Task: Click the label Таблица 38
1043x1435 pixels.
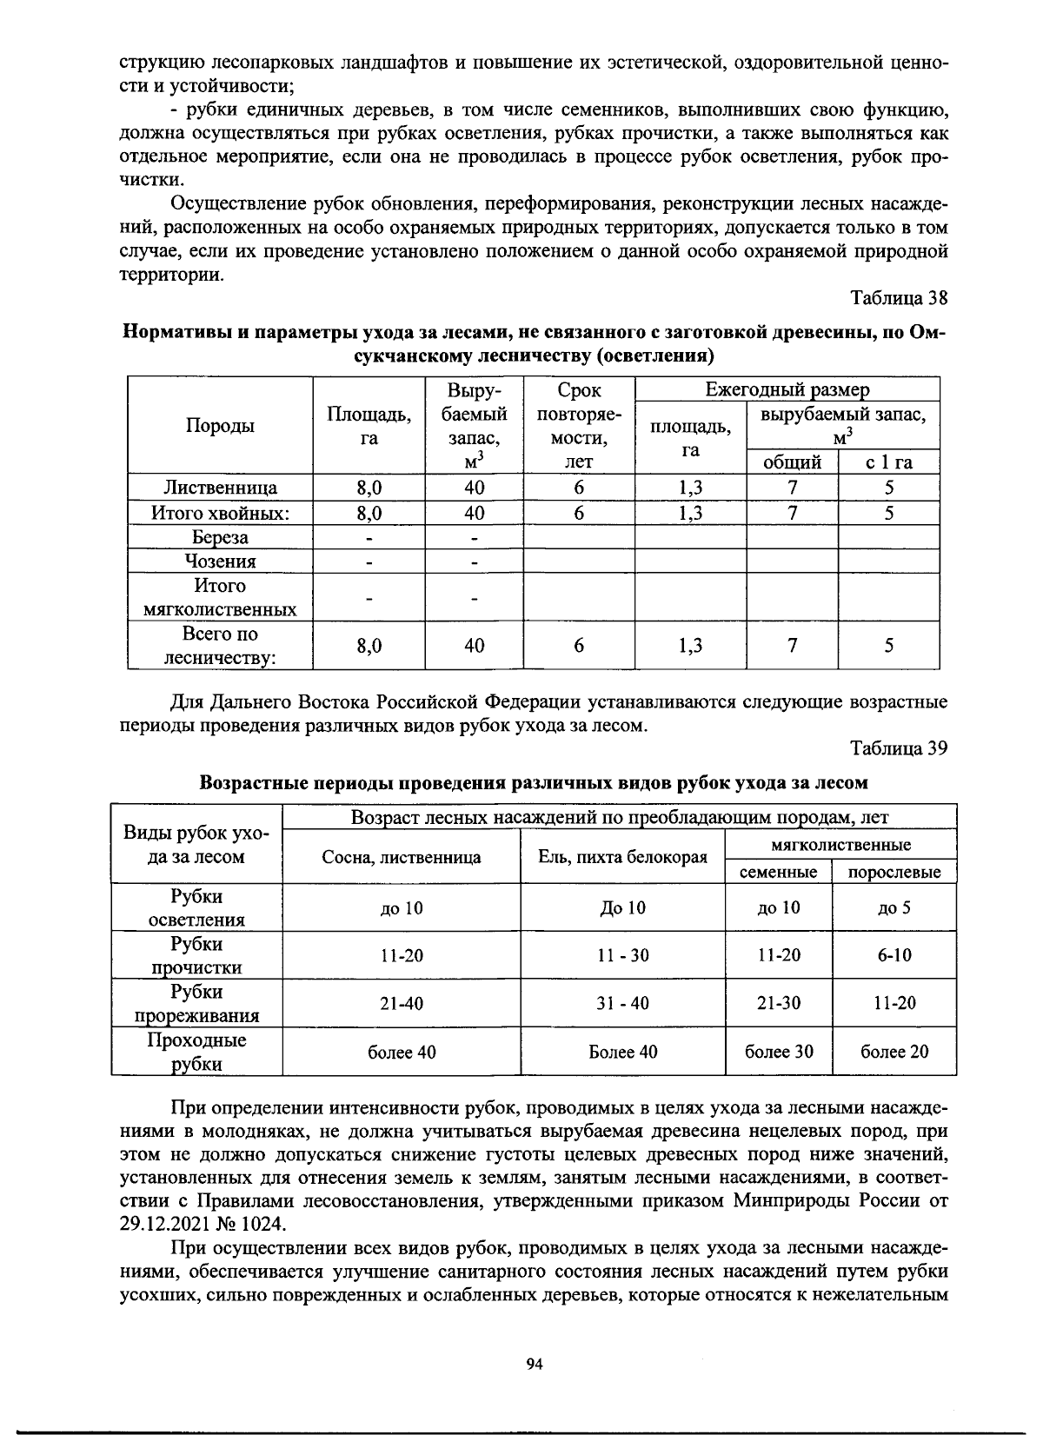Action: (898, 298)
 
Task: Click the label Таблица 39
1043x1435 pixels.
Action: (898, 748)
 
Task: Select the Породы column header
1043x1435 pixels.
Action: (220, 425)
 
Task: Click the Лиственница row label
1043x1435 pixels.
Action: (221, 488)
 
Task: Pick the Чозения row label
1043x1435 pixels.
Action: (220, 561)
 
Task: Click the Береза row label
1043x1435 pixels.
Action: (220, 537)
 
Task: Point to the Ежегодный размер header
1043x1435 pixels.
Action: (787, 389)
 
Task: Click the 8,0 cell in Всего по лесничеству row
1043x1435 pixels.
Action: (369, 646)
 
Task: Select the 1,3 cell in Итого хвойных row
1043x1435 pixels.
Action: (690, 514)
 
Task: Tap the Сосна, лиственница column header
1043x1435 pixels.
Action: (402, 858)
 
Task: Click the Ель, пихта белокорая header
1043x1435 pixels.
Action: (622, 858)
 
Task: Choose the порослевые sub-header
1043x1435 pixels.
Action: (894, 872)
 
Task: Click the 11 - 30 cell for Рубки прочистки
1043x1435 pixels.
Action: (622, 955)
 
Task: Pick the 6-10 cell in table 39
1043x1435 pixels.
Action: (894, 955)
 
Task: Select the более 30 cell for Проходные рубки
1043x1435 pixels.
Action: (779, 1052)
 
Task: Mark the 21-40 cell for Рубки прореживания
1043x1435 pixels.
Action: (402, 1004)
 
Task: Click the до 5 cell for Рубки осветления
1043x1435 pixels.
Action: (894, 908)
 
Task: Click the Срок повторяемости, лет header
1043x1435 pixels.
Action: (578, 425)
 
